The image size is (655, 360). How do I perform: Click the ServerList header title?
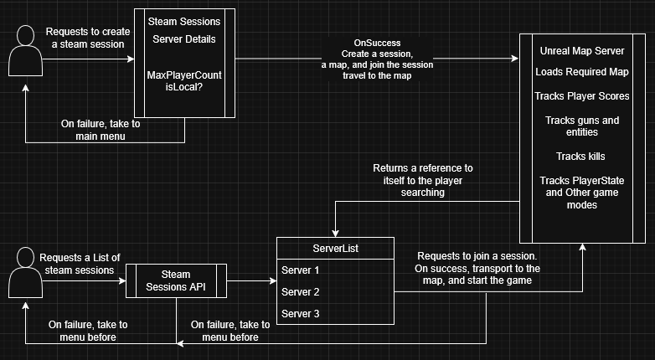tap(335, 248)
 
